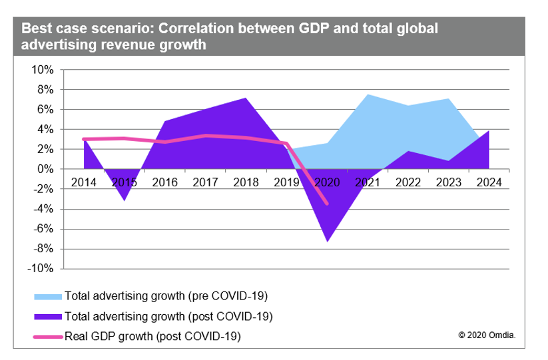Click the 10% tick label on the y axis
[x=43, y=70]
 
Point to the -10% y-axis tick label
[x=41, y=269]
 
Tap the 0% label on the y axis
[x=45, y=170]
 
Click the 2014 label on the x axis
[x=85, y=182]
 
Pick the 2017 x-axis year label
[x=205, y=182]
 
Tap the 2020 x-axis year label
[x=327, y=182]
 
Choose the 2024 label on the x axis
[x=489, y=182]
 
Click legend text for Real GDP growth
[x=152, y=337]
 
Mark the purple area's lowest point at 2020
[x=327, y=241]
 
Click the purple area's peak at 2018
[x=246, y=98]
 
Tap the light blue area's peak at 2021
[x=368, y=94]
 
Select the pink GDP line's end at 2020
[x=327, y=203]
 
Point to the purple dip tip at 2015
[x=125, y=200]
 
